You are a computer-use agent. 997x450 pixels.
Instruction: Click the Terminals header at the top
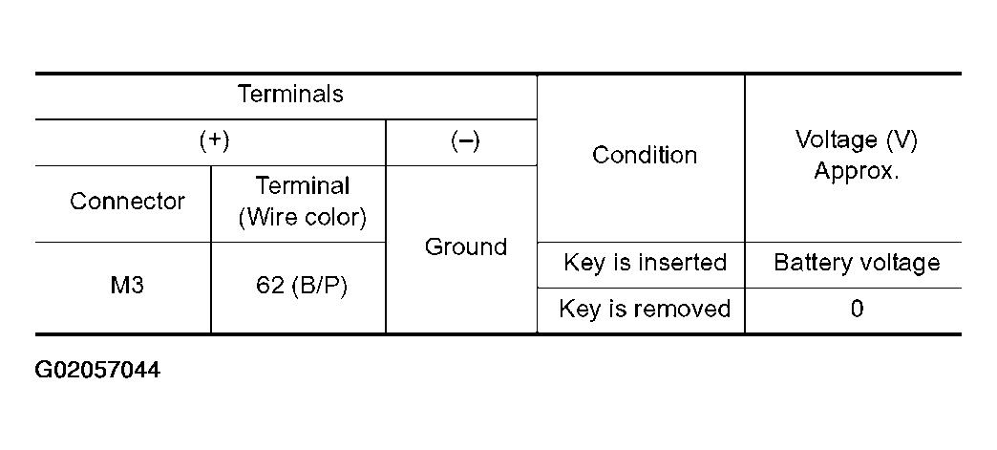pos(290,95)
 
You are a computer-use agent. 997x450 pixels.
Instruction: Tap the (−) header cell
pos(465,141)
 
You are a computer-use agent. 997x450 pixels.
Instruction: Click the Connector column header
pos(127,202)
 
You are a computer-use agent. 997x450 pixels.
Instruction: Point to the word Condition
pos(644,155)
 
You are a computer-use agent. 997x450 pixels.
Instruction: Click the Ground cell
pos(465,246)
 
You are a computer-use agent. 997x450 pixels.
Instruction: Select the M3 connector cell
pos(127,286)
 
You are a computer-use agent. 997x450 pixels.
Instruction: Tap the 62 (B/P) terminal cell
pos(302,287)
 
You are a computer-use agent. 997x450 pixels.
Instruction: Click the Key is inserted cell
pos(645,262)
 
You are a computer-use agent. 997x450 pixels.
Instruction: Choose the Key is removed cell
pos(644,309)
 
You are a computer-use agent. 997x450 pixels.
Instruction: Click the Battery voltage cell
pos(857,263)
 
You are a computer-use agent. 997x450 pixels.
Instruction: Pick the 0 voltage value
pos(858,310)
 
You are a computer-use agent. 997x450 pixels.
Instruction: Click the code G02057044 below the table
pos(97,370)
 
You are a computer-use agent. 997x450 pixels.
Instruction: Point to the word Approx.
pos(857,171)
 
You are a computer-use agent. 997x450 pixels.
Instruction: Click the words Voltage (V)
pos(857,140)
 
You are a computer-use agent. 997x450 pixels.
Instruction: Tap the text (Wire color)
pos(303,218)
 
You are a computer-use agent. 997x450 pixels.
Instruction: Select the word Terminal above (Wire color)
pos(303,186)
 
